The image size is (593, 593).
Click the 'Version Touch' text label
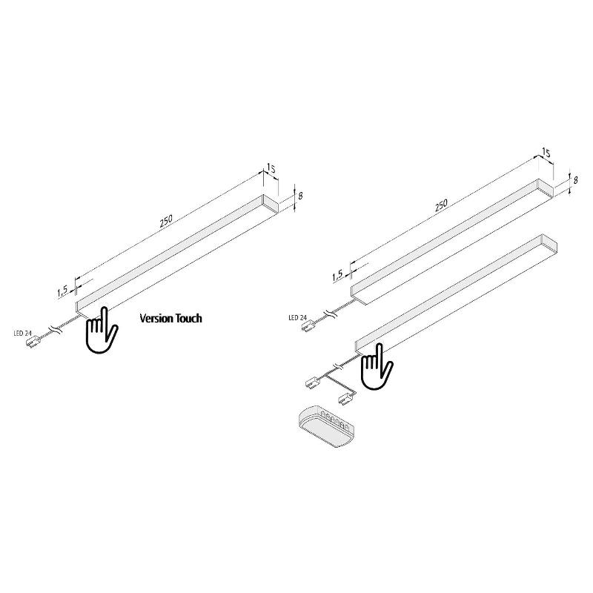click(170, 318)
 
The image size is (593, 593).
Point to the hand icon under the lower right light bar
click(377, 366)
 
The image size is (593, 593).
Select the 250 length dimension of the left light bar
click(166, 221)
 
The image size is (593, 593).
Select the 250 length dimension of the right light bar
click(441, 205)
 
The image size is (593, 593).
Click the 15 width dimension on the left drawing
click(271, 168)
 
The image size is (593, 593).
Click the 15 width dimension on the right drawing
click(546, 153)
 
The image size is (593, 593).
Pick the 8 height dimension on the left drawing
click(300, 196)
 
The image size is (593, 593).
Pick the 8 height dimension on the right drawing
click(575, 180)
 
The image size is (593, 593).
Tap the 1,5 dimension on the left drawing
click(62, 291)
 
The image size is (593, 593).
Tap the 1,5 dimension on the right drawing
click(337, 276)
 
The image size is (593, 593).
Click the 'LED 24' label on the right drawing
click(297, 318)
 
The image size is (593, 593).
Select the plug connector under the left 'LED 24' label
click(32, 342)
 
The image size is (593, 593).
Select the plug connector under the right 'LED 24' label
click(308, 326)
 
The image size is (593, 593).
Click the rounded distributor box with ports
click(327, 426)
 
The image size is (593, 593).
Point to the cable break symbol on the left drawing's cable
click(56, 328)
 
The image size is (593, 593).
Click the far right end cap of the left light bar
click(271, 203)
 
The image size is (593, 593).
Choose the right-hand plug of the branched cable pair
click(347, 399)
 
